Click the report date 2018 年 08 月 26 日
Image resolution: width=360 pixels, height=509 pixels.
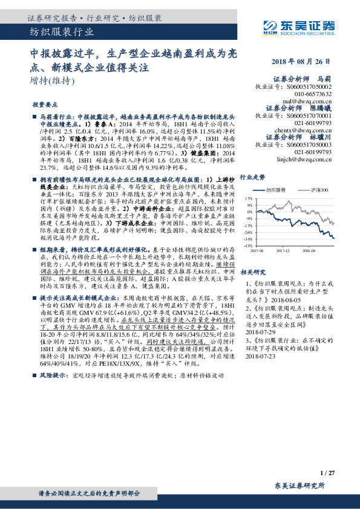301,63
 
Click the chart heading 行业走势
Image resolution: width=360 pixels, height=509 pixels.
253,177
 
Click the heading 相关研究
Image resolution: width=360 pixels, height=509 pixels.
253,272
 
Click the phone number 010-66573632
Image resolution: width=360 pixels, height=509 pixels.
313,94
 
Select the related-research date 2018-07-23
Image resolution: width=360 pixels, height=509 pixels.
261,357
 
